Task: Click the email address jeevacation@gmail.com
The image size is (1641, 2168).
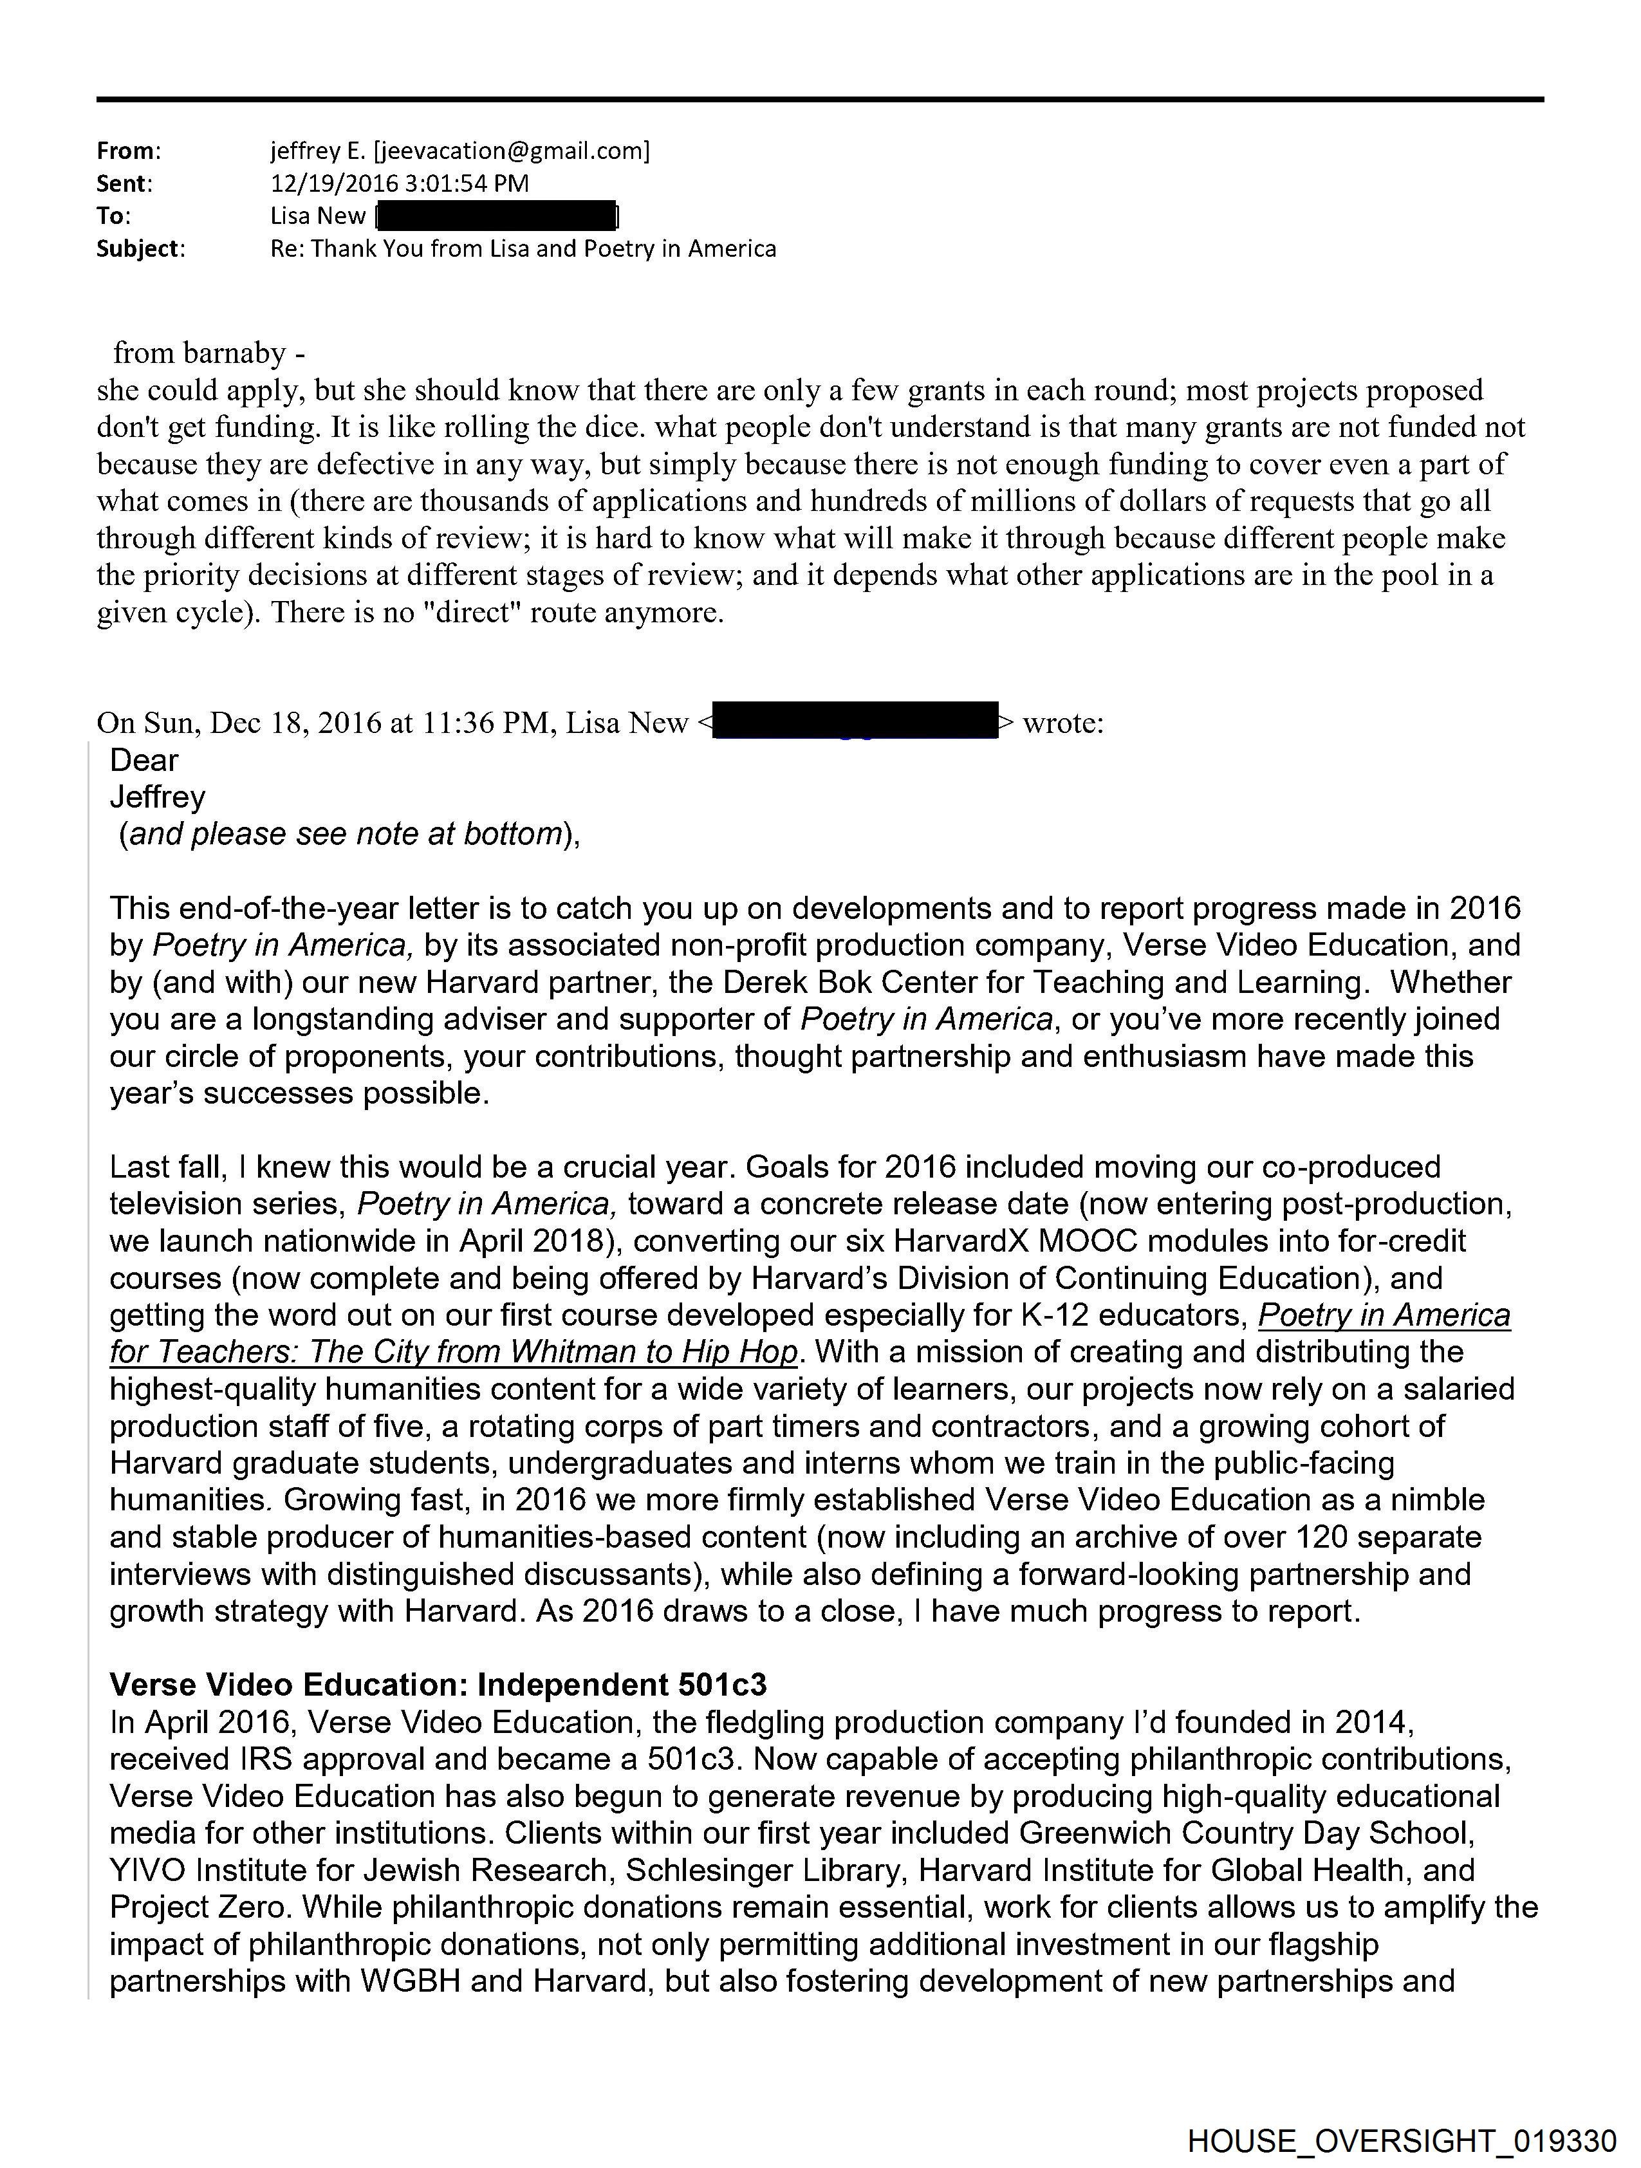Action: pos(510,151)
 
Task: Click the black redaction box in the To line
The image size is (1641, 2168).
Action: pos(496,216)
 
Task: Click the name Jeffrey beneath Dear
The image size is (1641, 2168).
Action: pos(158,797)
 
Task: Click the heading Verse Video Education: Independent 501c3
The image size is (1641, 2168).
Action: pos(437,1685)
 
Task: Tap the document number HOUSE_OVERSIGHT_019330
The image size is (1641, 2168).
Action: pos(1402,2140)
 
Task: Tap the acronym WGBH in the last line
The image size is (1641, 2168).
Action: pos(411,1982)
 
